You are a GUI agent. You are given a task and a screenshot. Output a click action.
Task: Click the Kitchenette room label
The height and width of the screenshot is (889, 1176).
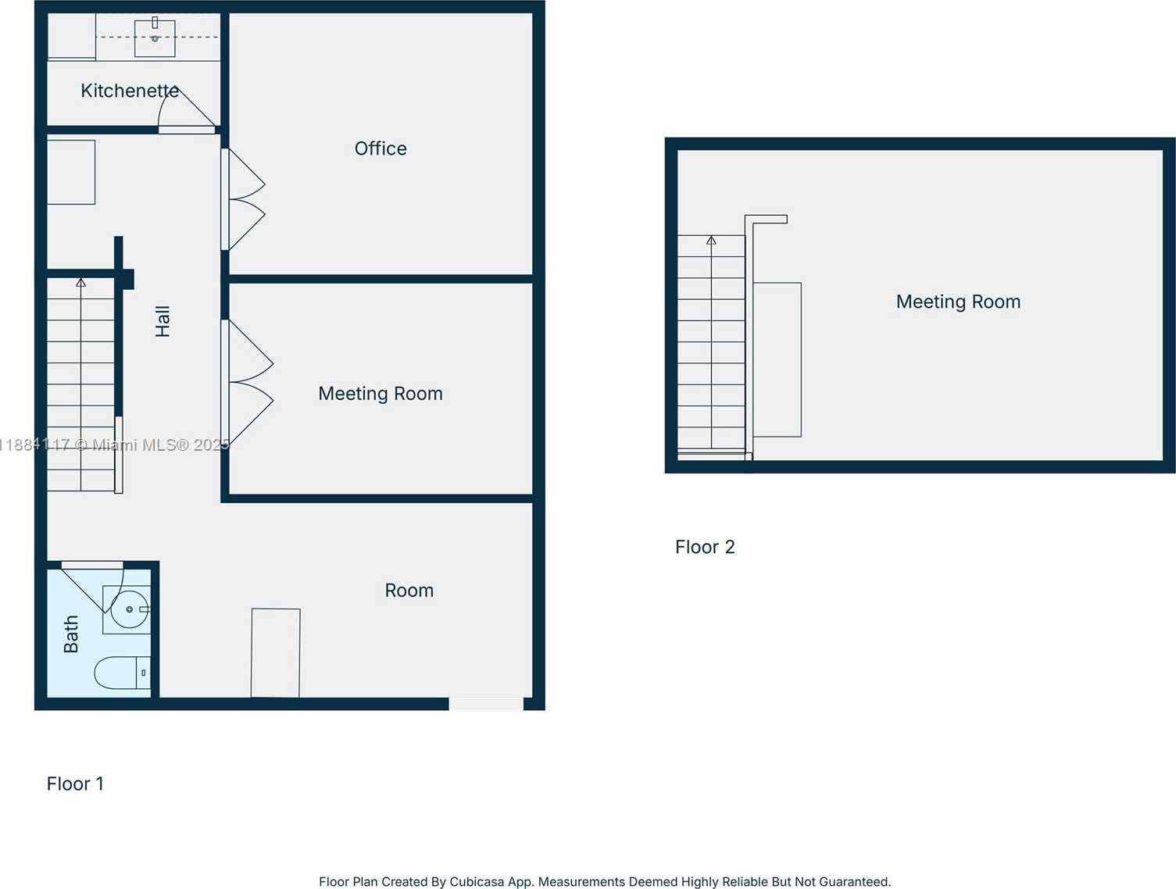(130, 91)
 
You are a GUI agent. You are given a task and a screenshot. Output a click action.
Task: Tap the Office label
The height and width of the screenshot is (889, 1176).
(381, 148)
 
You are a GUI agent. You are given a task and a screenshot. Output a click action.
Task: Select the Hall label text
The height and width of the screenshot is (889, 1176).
(163, 321)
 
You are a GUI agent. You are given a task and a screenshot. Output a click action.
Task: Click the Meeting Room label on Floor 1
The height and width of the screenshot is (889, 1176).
(381, 394)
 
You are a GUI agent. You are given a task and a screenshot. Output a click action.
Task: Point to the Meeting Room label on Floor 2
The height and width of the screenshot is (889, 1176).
(958, 302)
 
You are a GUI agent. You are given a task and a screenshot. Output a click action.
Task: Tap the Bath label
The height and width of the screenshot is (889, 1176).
(71, 634)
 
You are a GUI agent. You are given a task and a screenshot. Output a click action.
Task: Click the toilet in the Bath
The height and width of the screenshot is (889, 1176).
(122, 673)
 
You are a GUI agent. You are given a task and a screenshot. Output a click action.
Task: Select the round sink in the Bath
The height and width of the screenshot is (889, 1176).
(129, 609)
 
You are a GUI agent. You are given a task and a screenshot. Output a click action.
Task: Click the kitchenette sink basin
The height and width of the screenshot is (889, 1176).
(155, 37)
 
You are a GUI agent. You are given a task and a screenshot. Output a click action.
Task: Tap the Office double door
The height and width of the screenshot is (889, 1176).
(244, 199)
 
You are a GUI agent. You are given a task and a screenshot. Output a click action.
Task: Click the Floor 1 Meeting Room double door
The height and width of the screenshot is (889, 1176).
(248, 382)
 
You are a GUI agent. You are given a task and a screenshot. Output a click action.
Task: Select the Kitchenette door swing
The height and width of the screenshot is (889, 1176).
(187, 109)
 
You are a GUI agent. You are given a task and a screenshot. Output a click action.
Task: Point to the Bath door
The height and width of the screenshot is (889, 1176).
(92, 588)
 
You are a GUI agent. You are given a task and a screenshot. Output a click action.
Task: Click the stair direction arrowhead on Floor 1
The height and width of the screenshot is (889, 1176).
(81, 282)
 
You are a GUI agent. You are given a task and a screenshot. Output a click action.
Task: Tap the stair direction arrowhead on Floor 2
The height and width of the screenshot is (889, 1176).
(711, 241)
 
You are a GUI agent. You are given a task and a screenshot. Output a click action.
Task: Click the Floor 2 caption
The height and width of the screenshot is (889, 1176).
(705, 547)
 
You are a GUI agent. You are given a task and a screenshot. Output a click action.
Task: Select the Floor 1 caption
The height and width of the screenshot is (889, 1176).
(75, 784)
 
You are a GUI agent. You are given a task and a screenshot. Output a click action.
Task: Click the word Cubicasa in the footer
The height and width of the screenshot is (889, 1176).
(471, 881)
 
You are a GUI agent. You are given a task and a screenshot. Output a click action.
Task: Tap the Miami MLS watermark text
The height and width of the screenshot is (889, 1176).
(115, 445)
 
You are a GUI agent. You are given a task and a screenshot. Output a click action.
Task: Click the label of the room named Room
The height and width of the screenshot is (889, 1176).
(409, 590)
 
